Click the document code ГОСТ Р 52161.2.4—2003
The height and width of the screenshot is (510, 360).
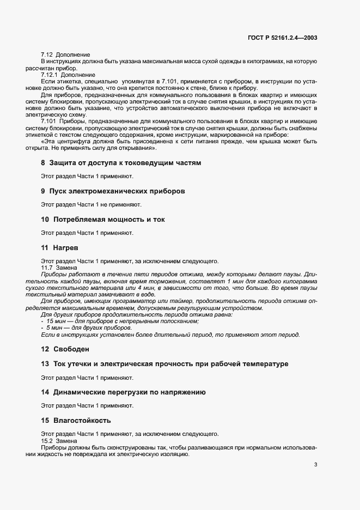tap(279, 38)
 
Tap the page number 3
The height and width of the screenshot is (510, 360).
tap(316, 465)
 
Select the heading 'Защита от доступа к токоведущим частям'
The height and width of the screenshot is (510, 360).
tap(125, 163)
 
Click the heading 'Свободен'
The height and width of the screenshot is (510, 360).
tap(71, 348)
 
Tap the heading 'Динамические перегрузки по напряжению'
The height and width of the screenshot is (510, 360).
tap(127, 392)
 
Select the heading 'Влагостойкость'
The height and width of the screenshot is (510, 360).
tap(82, 420)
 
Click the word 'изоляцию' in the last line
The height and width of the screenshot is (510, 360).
tap(175, 454)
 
